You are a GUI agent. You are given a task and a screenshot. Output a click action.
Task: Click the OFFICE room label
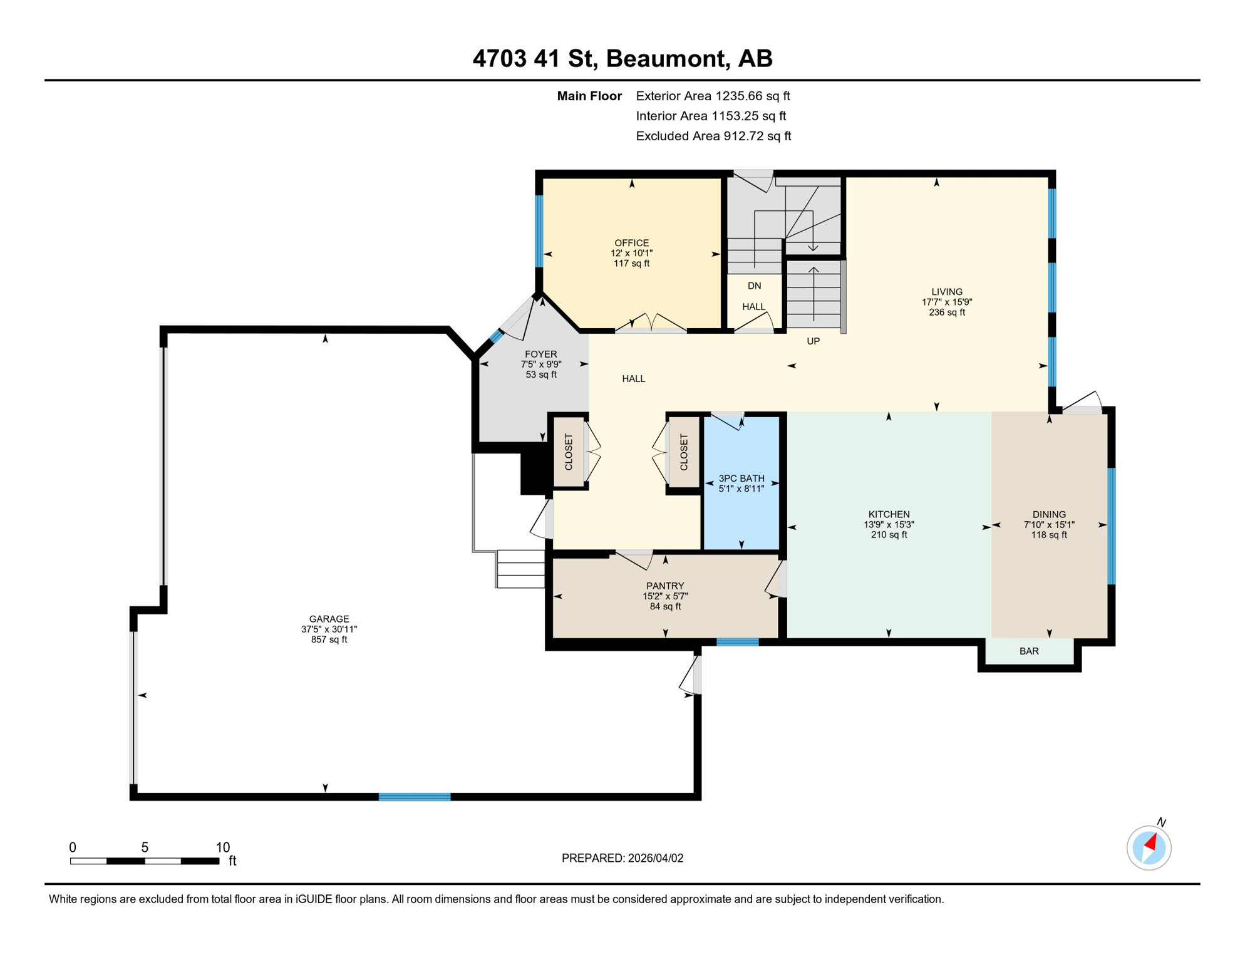(x=631, y=243)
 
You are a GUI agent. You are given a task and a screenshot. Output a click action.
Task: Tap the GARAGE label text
(x=329, y=619)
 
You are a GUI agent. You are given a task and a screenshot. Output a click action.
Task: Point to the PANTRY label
(x=664, y=586)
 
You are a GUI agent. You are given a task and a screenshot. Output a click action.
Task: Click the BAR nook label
(x=1029, y=651)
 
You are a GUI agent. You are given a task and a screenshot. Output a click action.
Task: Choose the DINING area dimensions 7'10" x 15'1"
(x=1049, y=525)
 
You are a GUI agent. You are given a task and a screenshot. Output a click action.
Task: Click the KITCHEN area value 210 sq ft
(x=889, y=535)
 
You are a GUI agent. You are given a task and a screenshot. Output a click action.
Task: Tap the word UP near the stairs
(x=813, y=341)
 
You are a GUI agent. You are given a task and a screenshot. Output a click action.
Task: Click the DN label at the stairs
(x=754, y=286)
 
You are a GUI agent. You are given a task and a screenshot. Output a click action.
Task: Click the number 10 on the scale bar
(x=222, y=847)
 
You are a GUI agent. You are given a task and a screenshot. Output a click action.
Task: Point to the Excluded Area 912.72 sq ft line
(x=713, y=136)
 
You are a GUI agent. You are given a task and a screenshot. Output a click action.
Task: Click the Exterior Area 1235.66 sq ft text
(x=712, y=96)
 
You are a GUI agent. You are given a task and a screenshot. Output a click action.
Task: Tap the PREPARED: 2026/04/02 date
(x=622, y=858)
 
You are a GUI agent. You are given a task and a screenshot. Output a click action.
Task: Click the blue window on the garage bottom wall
(x=415, y=797)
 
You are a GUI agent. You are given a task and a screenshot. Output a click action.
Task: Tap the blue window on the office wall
(x=539, y=231)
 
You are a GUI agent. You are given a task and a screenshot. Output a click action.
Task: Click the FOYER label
(x=540, y=354)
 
